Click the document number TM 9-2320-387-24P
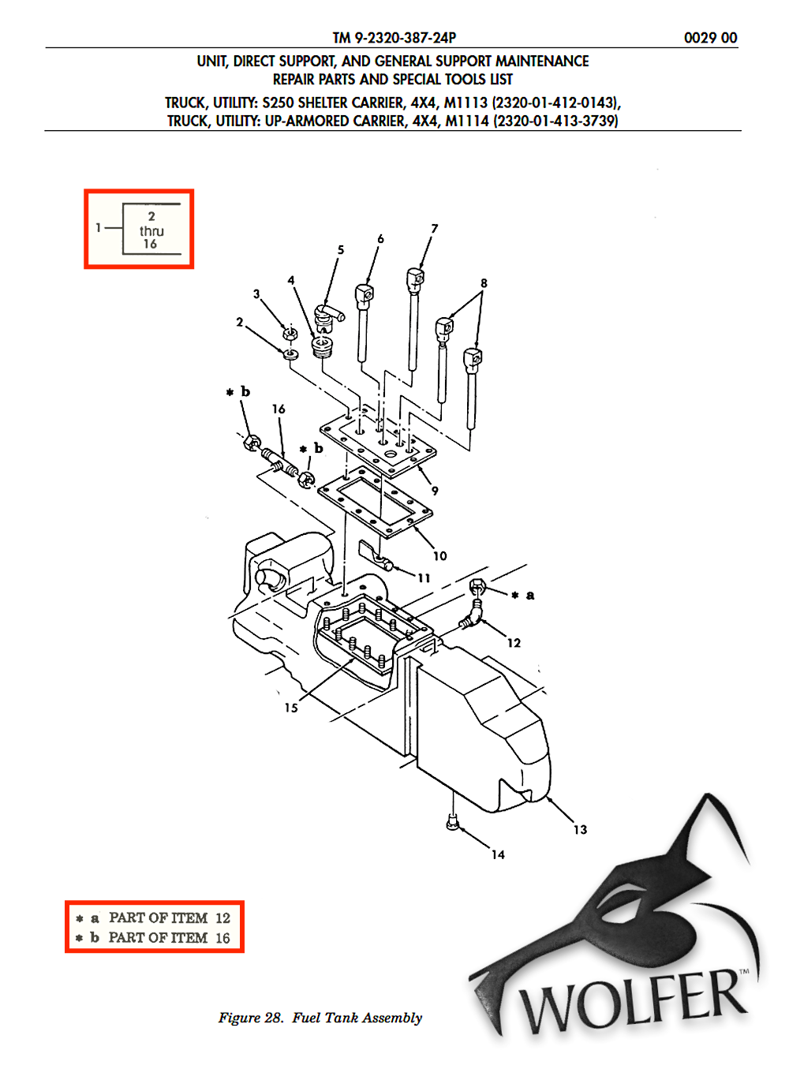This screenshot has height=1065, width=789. pyautogui.click(x=394, y=37)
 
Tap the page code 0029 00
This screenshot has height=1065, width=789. pyautogui.click(x=710, y=38)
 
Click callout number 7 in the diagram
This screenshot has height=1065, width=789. pyautogui.click(x=434, y=228)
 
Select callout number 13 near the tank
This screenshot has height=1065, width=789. pyautogui.click(x=580, y=829)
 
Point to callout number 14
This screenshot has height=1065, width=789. pyautogui.click(x=498, y=854)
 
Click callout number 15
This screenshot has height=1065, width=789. pyautogui.click(x=291, y=708)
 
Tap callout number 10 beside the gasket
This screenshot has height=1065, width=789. pyautogui.click(x=440, y=555)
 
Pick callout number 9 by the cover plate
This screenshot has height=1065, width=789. pyautogui.click(x=435, y=490)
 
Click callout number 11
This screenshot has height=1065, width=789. pyautogui.click(x=424, y=578)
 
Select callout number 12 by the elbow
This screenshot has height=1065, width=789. pyautogui.click(x=514, y=642)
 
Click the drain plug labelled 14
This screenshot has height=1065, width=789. pyautogui.click(x=451, y=823)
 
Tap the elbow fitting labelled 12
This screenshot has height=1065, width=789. pyautogui.click(x=472, y=619)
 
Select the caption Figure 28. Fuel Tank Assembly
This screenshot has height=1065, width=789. pyautogui.click(x=320, y=1018)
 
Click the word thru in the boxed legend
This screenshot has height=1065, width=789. pyautogui.click(x=151, y=231)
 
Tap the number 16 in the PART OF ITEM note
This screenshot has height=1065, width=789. pyautogui.click(x=222, y=937)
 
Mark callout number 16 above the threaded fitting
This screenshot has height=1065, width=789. pyautogui.click(x=279, y=409)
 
